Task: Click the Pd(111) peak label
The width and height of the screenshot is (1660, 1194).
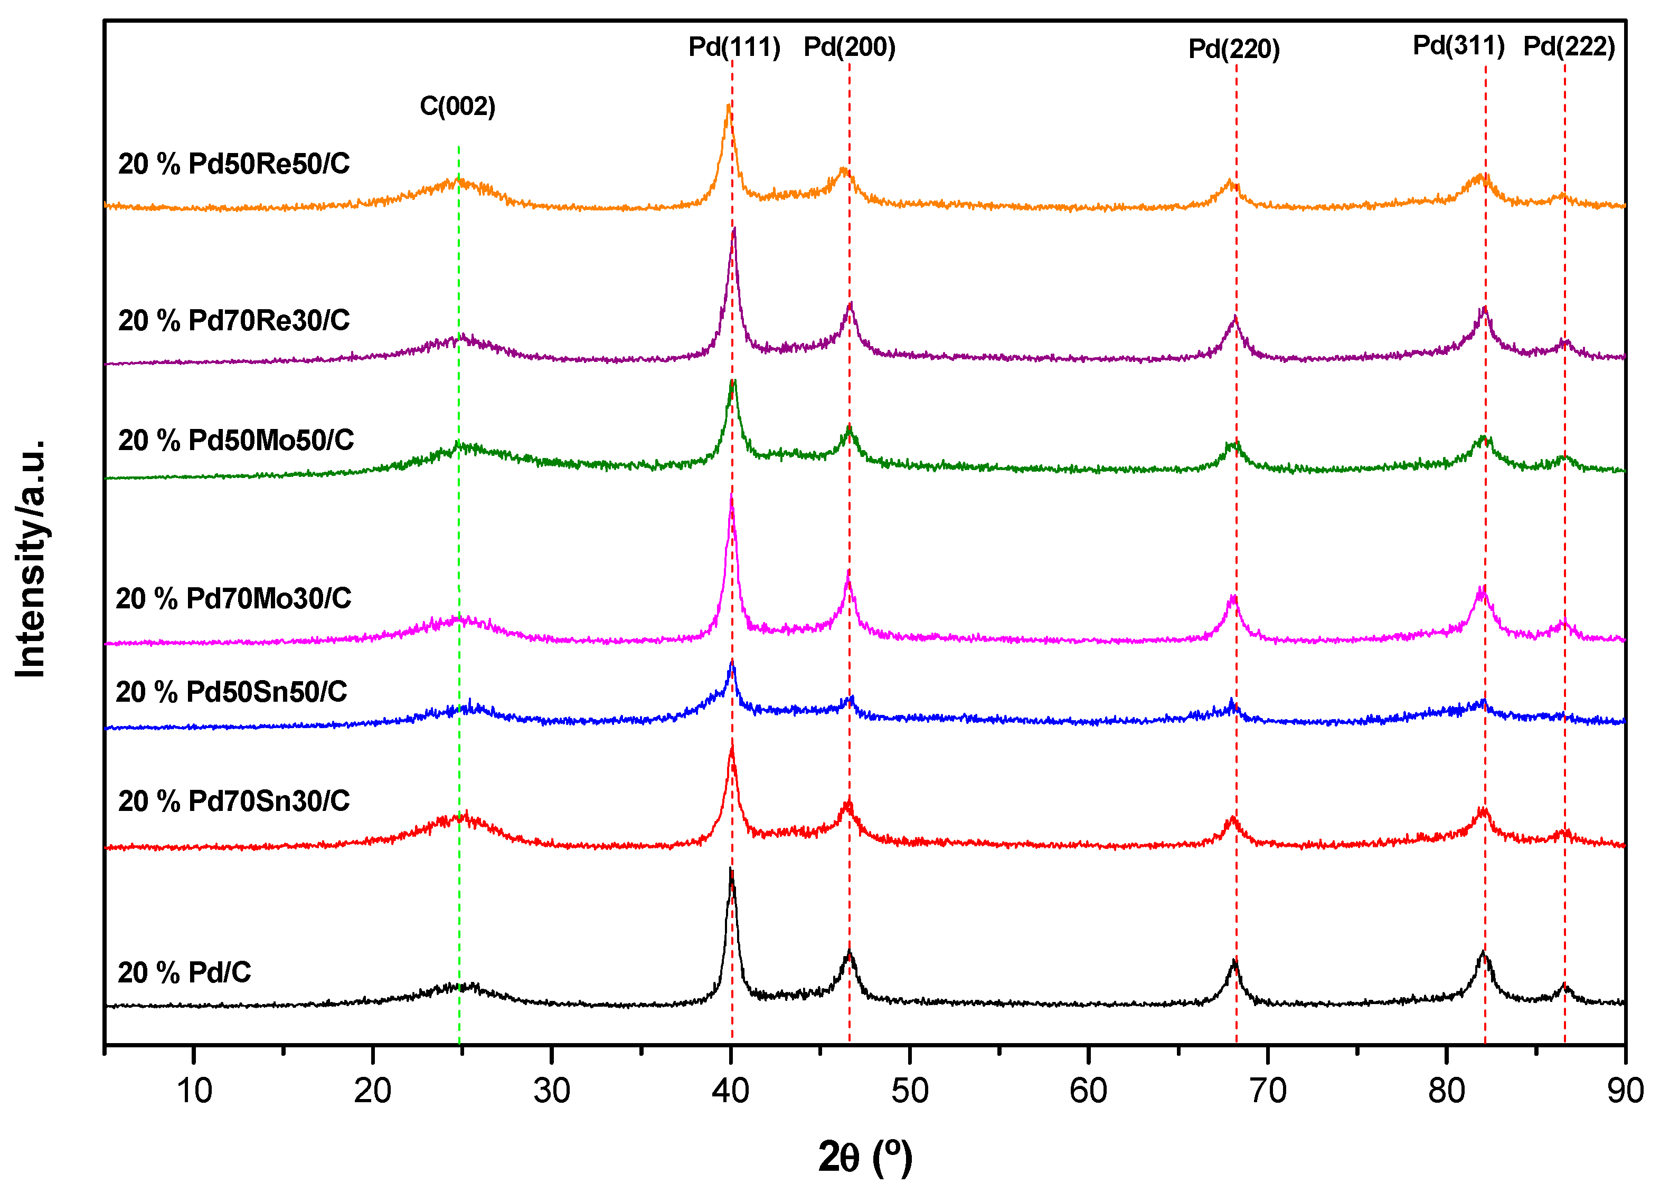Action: [x=734, y=47]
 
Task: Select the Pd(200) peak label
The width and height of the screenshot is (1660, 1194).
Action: [x=849, y=47]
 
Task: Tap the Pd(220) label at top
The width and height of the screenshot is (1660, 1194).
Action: [x=1233, y=50]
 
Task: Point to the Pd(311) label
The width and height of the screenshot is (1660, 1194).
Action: [x=1458, y=45]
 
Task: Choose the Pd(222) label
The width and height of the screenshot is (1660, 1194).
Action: [x=1569, y=47]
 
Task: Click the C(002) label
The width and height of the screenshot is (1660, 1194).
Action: [x=457, y=107]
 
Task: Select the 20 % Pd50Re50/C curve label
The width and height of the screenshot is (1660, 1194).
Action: [x=233, y=164]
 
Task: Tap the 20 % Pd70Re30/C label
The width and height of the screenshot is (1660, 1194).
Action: [x=233, y=320]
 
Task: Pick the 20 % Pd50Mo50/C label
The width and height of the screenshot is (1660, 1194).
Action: [x=235, y=441]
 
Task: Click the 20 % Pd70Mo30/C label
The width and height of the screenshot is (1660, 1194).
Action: [x=233, y=598]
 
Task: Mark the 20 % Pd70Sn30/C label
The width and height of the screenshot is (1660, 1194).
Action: [x=233, y=801]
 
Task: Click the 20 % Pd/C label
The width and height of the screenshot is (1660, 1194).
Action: [x=184, y=972]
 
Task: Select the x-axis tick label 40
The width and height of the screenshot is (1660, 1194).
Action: [x=730, y=1091]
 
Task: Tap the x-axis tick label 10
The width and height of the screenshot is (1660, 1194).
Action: [x=194, y=1091]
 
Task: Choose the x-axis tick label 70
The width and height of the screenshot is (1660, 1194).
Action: [x=1267, y=1091]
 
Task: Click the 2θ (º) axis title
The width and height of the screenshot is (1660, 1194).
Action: [x=865, y=1157]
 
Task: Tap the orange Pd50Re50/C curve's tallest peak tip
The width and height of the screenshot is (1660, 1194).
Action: [x=728, y=106]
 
